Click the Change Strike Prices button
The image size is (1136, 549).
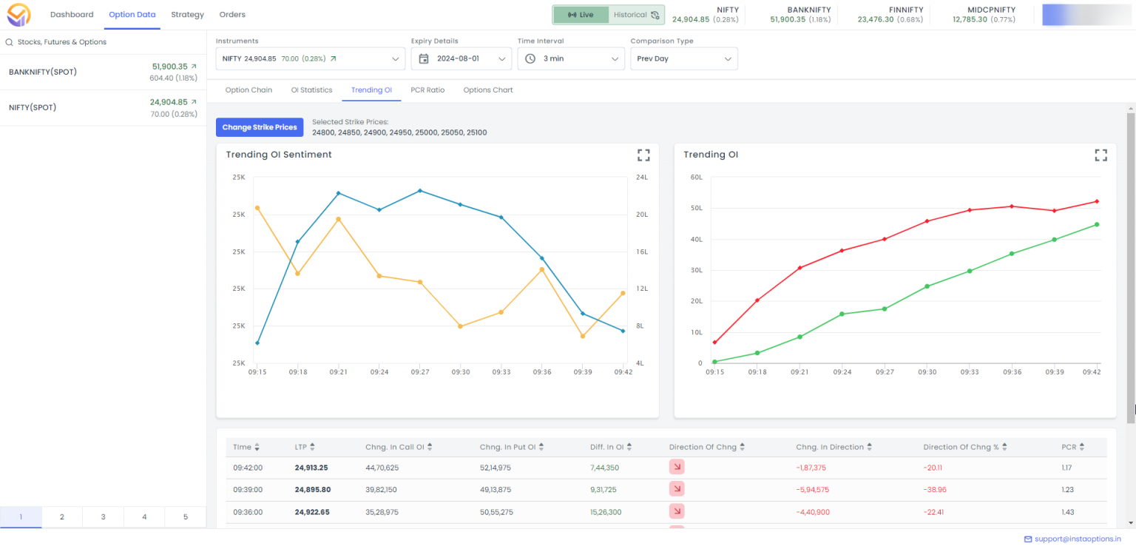click(x=260, y=127)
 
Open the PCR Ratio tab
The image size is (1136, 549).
click(x=427, y=90)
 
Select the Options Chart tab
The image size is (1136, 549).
click(x=487, y=90)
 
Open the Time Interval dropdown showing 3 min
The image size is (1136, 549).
click(x=572, y=58)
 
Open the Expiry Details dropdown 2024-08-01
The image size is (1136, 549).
click(x=461, y=58)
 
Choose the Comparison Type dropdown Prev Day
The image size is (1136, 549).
click(x=683, y=58)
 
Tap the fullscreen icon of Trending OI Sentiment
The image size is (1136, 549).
click(x=643, y=155)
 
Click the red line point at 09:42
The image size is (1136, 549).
click(x=1097, y=201)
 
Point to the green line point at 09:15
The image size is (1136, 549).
click(x=714, y=362)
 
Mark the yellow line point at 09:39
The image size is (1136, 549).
click(x=583, y=336)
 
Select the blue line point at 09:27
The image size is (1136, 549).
click(x=420, y=191)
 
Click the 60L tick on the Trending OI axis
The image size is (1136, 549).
click(x=695, y=178)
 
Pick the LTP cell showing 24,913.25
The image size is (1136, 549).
click(x=311, y=468)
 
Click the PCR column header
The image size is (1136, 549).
click(x=1069, y=447)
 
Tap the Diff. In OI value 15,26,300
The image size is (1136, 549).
click(x=606, y=512)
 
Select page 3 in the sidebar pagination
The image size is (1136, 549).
click(x=103, y=517)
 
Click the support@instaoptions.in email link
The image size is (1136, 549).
click(x=1078, y=539)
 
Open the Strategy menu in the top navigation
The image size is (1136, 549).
click(x=187, y=15)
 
